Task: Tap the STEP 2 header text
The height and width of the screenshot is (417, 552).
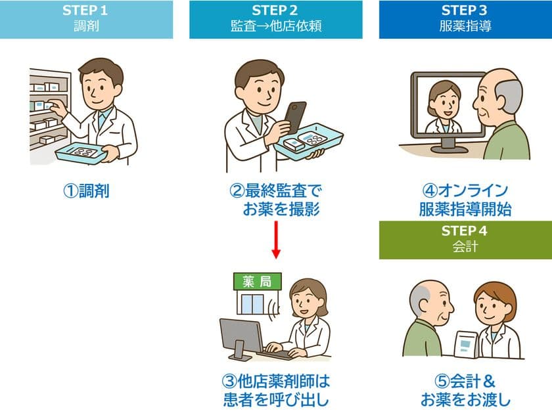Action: [x=275, y=11]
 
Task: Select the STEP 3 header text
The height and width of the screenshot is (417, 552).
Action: [x=465, y=11]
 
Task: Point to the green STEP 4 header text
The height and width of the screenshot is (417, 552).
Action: [x=465, y=231]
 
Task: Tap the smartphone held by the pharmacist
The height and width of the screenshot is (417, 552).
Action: [x=294, y=117]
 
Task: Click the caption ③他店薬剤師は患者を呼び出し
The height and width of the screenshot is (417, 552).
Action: [x=275, y=390]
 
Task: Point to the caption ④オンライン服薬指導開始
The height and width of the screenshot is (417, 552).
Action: [x=465, y=200]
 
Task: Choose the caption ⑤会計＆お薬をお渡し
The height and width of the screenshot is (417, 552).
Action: [x=465, y=390]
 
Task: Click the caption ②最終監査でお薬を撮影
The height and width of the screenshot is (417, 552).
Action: [x=275, y=200]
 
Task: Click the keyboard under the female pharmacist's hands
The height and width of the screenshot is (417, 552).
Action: [x=275, y=354]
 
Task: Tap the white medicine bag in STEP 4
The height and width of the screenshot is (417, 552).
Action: [x=466, y=343]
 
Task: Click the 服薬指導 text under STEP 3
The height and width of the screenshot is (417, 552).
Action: [x=465, y=28]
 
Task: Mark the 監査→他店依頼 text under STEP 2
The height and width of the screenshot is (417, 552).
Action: [x=275, y=28]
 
